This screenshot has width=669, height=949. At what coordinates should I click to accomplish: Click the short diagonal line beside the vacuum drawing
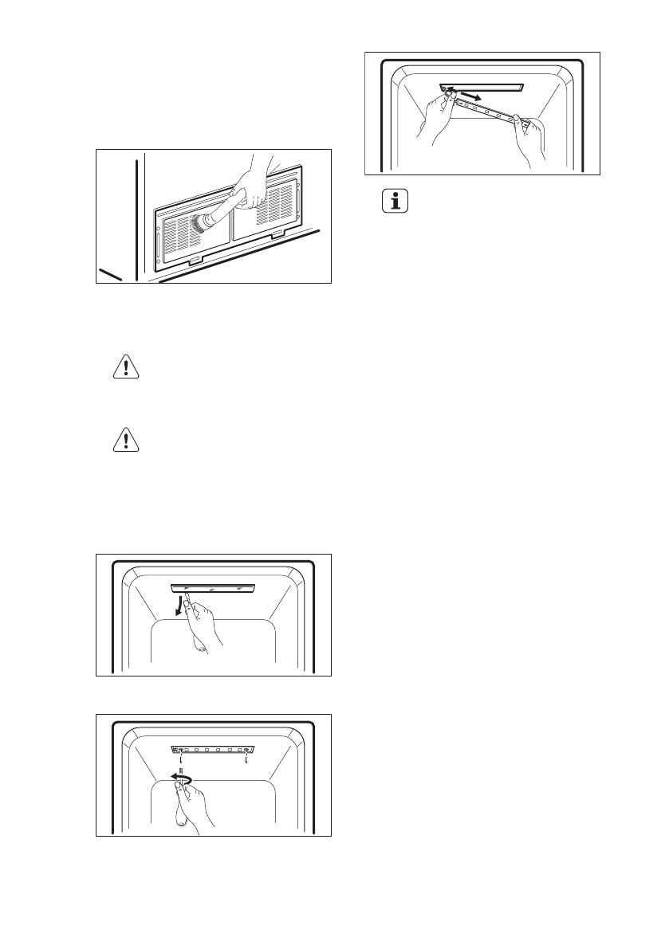111,275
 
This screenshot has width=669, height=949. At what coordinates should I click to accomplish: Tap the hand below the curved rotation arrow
191,805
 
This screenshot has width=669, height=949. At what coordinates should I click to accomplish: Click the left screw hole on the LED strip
183,750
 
